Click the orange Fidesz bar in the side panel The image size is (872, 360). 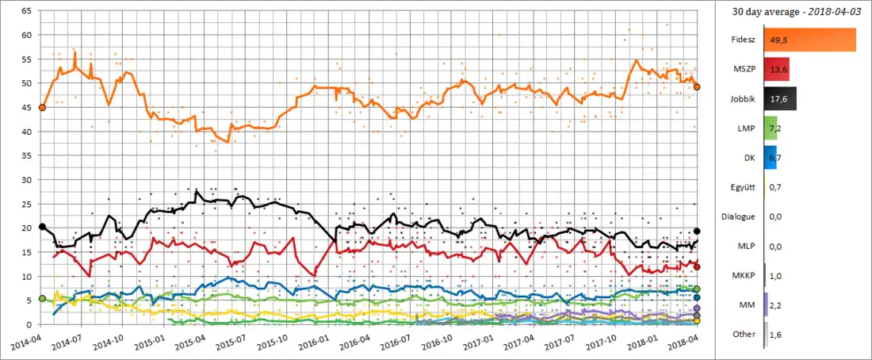(x=809, y=40)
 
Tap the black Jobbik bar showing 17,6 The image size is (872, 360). (x=780, y=98)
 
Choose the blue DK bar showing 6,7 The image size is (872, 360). (x=770, y=157)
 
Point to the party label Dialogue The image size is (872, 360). (x=737, y=216)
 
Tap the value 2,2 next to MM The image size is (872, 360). (x=777, y=304)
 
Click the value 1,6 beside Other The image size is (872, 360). (x=776, y=334)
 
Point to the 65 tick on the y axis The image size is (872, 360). (x=26, y=11)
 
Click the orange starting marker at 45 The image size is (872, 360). (x=42, y=107)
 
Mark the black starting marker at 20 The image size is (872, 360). (x=42, y=227)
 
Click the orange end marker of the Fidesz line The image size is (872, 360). (x=697, y=87)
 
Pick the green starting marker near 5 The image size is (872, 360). (x=42, y=298)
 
